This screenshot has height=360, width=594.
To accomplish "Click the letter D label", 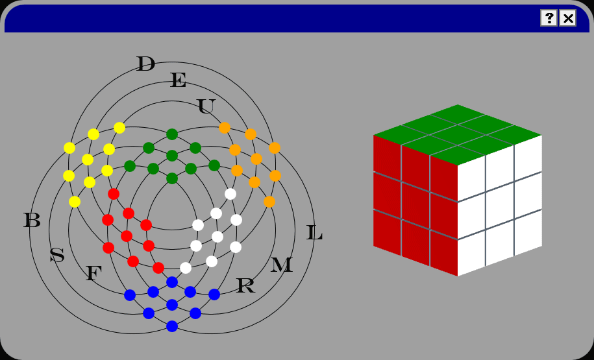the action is point(145,64).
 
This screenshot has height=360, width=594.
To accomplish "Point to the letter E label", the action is point(178,80).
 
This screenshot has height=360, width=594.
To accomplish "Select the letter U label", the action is point(206,106).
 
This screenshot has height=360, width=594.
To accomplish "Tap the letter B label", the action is point(32,221).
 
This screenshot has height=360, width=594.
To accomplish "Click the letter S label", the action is point(57,256).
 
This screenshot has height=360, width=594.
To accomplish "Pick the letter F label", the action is point(93,274).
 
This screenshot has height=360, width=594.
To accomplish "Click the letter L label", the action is point(314,233).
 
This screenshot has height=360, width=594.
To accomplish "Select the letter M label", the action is point(281,265).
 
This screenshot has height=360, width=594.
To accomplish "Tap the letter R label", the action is point(245,285).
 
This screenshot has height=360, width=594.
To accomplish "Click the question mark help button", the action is point(549,18).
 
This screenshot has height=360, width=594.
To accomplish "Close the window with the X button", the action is point(568,18).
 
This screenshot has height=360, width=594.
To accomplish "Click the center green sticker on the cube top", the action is point(458,134).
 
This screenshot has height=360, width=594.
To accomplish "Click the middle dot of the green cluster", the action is point(172,156).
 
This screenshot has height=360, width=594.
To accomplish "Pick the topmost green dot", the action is point(172,134).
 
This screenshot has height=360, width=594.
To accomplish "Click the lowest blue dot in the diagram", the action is point(172,326).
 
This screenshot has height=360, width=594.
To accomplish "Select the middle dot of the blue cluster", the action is point(172,305).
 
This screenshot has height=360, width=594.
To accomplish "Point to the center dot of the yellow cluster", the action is point(88,160).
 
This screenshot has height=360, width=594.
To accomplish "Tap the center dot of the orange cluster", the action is point(256,159).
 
